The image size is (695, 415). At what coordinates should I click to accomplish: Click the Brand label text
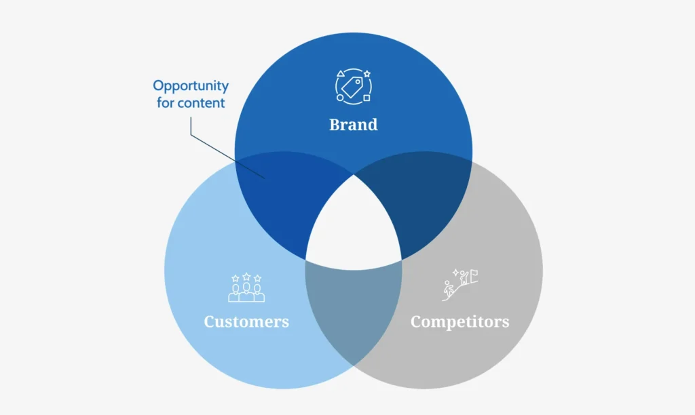point(353,125)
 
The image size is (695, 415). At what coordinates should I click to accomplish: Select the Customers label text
point(246,321)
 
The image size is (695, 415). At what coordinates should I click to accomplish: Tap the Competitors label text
point(459,321)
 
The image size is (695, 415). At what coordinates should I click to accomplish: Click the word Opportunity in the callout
point(191,86)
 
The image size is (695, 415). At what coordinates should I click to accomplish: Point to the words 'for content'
point(191,103)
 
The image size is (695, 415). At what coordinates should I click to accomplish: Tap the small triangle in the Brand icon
point(341,73)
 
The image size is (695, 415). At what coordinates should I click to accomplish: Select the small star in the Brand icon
point(367,74)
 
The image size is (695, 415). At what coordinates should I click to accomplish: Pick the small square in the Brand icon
point(367,98)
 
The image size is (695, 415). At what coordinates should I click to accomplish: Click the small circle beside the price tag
point(340,98)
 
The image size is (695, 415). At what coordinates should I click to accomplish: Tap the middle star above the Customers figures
point(246,277)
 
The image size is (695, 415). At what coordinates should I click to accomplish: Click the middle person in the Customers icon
point(246,292)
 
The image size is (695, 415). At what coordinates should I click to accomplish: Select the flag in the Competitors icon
point(474,277)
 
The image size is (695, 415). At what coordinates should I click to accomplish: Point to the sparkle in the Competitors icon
point(455,273)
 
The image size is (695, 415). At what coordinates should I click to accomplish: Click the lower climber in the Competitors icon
point(449,290)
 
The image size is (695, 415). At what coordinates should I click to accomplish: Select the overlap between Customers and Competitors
point(354,310)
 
